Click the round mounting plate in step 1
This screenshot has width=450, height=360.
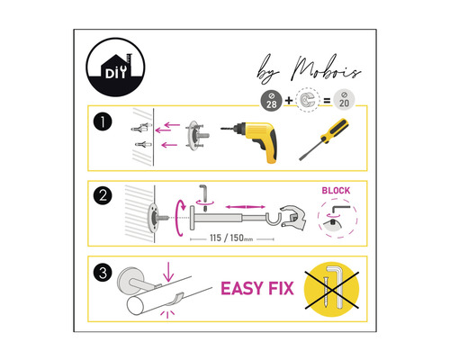[x=193, y=136]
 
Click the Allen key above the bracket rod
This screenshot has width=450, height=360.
[x=202, y=192]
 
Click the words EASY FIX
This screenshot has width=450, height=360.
[x=261, y=291]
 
